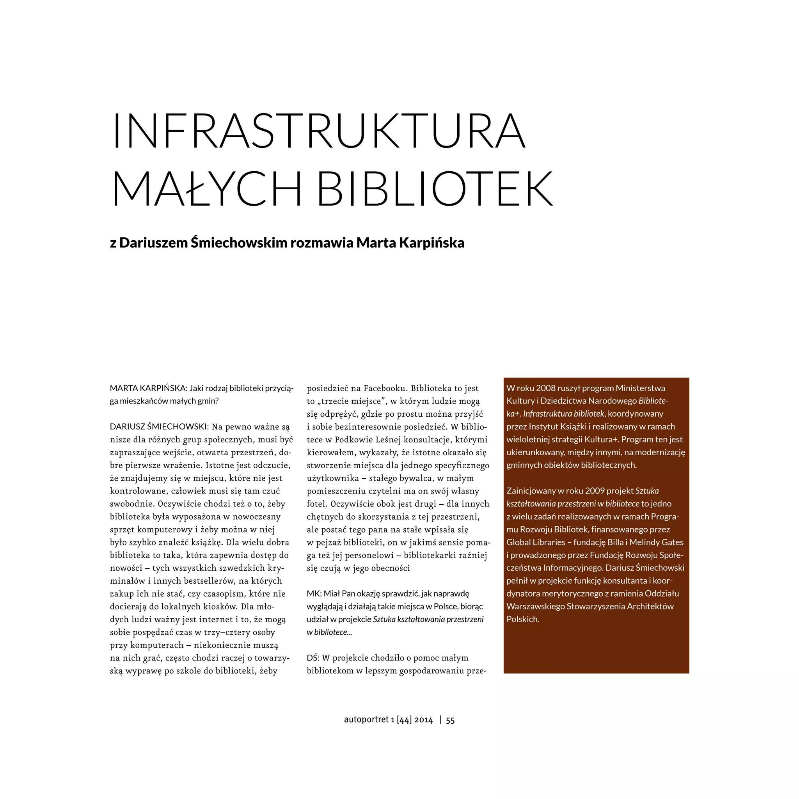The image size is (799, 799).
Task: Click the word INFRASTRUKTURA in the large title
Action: pyautogui.click(x=318, y=130)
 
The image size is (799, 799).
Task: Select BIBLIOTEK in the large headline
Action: pyautogui.click(x=434, y=189)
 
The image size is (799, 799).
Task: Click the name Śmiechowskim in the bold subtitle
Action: pyautogui.click(x=239, y=243)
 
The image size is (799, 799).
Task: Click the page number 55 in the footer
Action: pyautogui.click(x=450, y=721)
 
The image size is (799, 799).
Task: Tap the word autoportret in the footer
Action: pyautogui.click(x=366, y=721)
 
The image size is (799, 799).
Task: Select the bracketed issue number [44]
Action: pyautogui.click(x=404, y=721)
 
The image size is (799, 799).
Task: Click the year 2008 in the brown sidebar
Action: pyautogui.click(x=545, y=388)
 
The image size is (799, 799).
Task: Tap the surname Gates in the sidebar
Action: pyautogui.click(x=673, y=542)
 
